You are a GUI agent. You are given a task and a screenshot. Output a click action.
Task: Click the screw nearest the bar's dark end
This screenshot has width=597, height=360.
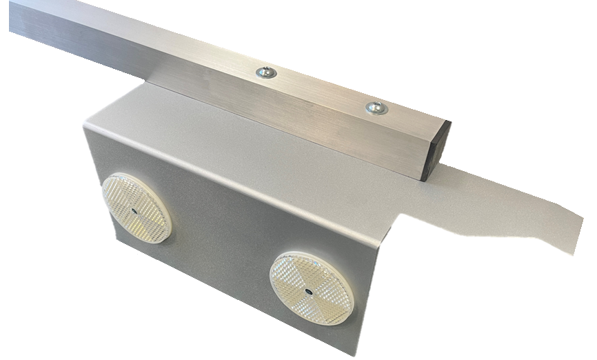point(376,108)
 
